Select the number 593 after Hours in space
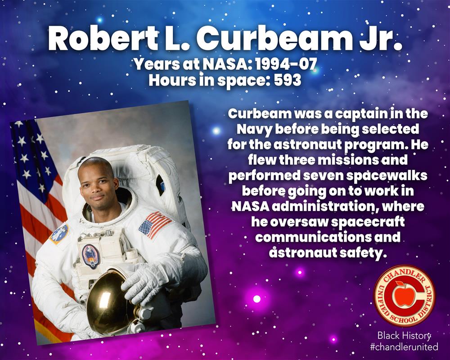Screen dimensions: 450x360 click(288, 80)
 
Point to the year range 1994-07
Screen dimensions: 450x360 click(286, 64)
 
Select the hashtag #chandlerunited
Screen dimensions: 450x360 click(404, 346)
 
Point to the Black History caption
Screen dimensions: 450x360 click(404, 335)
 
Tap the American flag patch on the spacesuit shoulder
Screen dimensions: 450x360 click(155, 225)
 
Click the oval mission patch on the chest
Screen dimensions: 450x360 click(90, 256)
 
